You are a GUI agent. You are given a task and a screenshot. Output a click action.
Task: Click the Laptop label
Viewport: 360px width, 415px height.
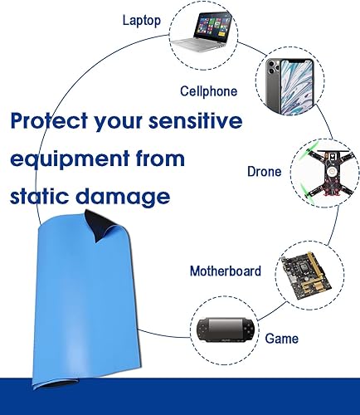point(141,21)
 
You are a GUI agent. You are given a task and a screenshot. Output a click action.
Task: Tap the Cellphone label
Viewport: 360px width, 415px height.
point(208,91)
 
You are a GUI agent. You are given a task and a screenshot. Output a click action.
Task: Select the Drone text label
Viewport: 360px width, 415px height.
point(264,171)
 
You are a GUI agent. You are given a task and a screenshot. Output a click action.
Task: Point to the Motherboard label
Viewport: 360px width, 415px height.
point(226,271)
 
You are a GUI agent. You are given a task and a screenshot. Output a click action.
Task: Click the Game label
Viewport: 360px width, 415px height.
point(281,339)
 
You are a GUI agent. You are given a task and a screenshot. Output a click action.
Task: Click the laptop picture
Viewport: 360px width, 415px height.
point(201,32)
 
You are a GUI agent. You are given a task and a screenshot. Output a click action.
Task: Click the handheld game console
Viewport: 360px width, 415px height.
point(225,330)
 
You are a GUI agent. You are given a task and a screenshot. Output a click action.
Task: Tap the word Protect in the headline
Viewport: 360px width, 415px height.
point(49,120)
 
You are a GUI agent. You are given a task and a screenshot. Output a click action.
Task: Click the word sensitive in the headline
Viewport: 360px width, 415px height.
point(196,120)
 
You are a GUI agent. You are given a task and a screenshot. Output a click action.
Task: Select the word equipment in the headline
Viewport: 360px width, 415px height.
point(71,160)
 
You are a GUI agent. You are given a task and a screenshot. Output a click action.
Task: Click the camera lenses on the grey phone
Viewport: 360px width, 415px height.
point(272,67)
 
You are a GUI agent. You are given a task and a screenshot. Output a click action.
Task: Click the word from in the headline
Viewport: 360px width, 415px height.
point(160,158)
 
